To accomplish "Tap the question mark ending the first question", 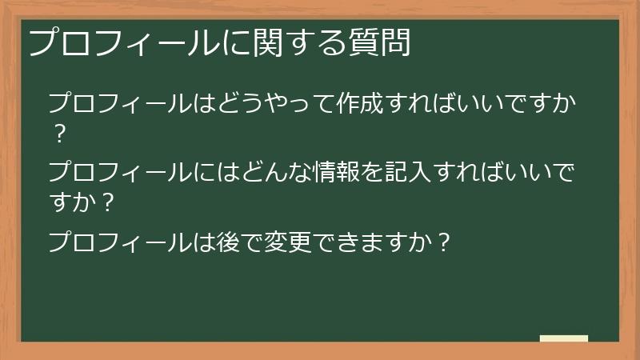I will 58,134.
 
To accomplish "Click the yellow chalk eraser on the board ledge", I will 564,338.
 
